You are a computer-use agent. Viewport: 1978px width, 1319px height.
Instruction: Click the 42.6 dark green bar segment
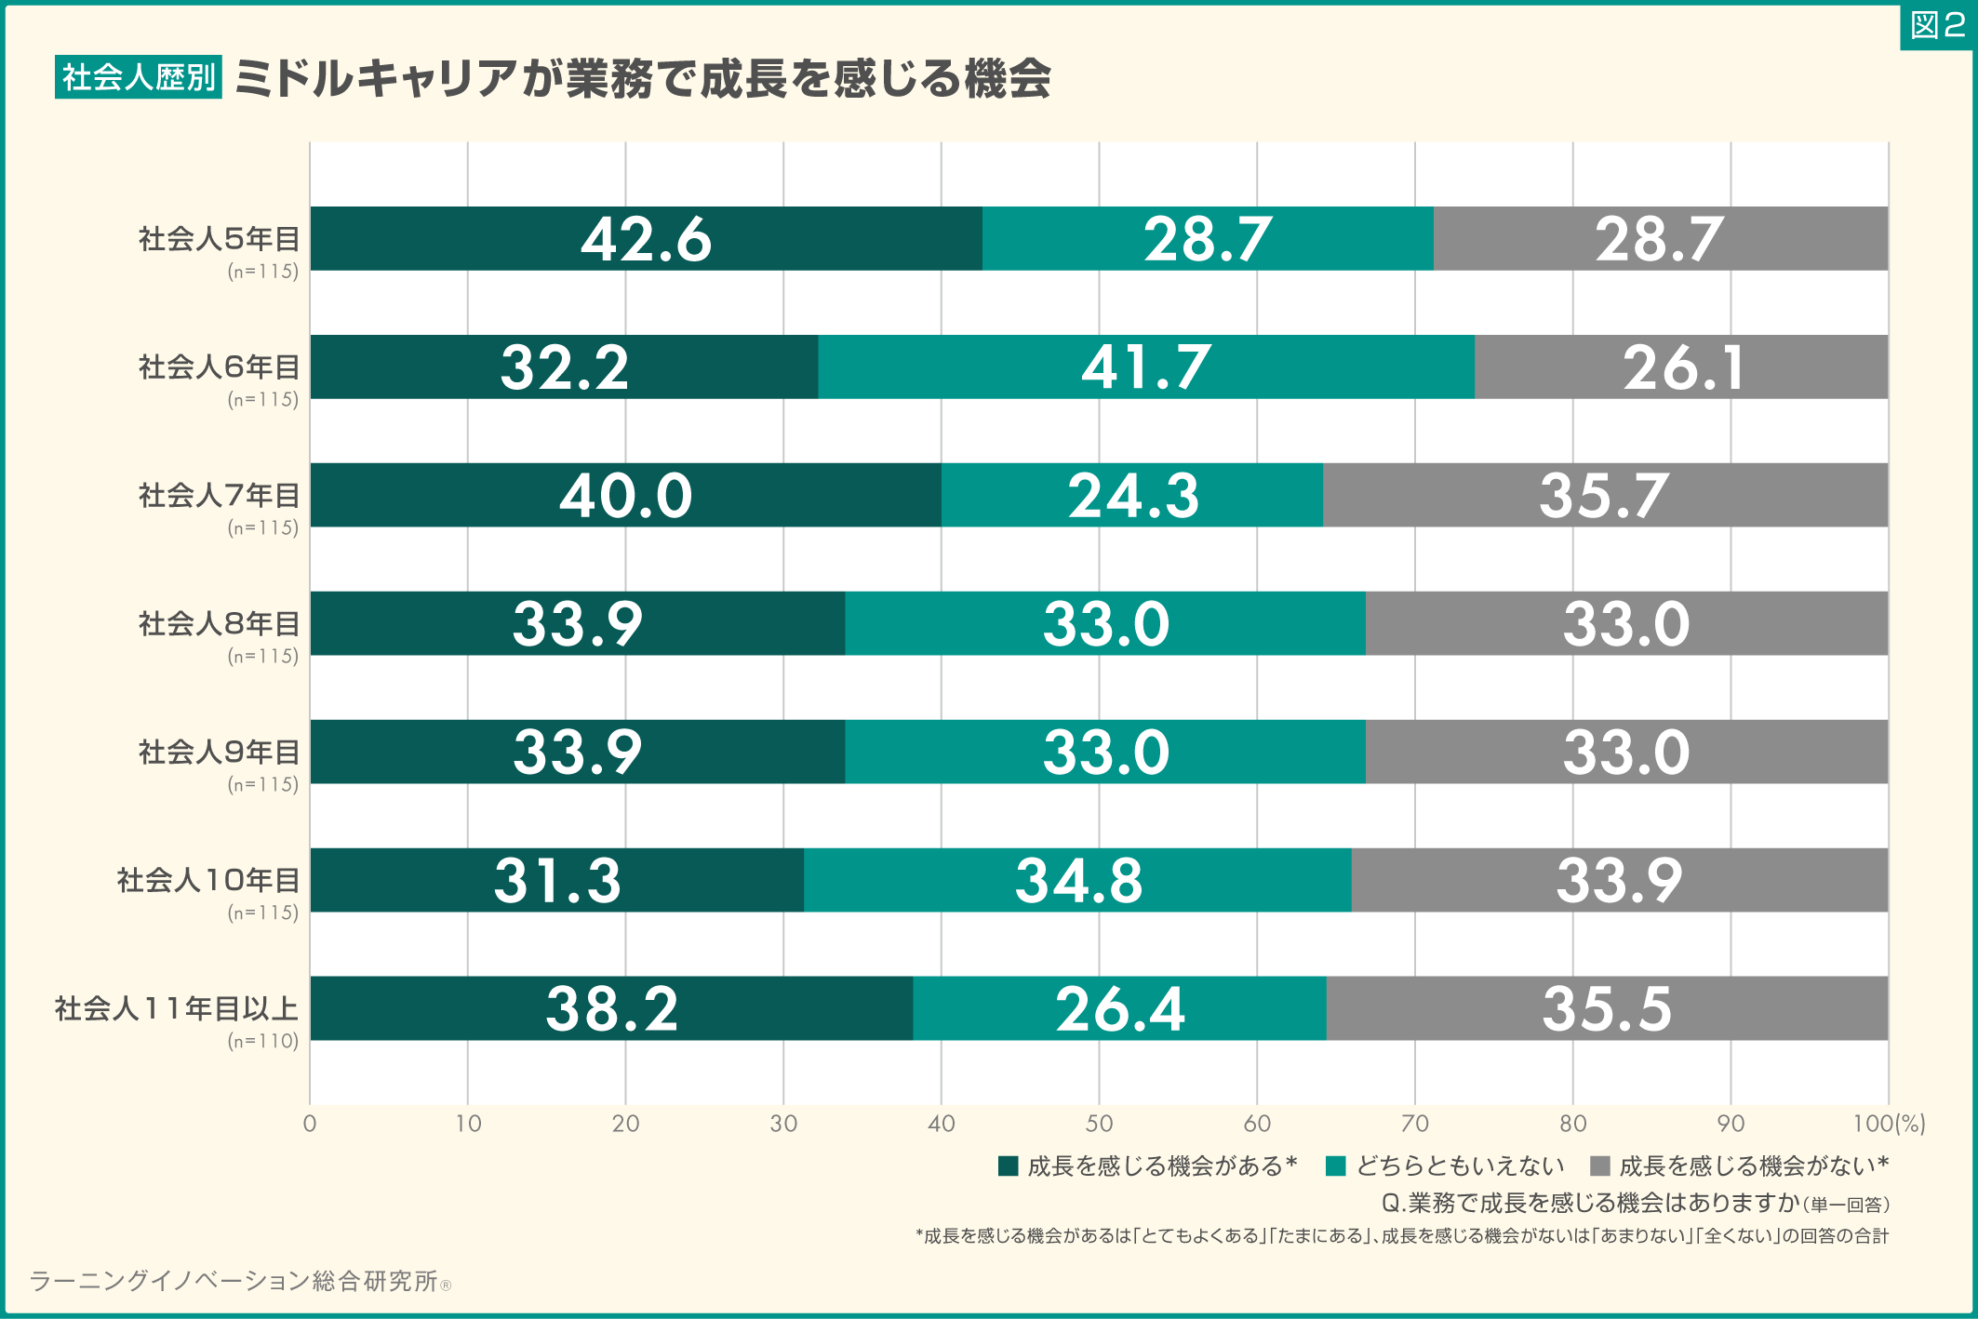[646, 239]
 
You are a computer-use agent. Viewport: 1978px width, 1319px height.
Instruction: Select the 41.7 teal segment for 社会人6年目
[1145, 367]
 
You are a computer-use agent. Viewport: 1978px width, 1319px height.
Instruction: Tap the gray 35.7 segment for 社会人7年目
[1604, 495]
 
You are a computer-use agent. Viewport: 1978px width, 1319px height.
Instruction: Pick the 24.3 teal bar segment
[1131, 495]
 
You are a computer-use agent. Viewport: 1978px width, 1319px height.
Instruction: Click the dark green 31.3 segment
[556, 880]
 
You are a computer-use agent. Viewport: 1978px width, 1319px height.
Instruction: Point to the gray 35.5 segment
[1607, 1008]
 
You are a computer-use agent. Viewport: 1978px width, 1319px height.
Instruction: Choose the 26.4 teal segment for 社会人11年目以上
[1119, 1008]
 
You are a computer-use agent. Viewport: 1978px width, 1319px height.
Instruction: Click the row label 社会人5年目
[219, 239]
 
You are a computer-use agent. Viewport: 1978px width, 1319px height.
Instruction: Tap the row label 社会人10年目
[207, 880]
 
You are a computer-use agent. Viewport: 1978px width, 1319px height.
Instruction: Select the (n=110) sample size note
[263, 1041]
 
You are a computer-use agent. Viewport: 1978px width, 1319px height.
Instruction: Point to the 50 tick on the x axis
[1099, 1124]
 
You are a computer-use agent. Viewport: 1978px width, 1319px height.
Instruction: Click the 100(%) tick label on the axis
[1888, 1124]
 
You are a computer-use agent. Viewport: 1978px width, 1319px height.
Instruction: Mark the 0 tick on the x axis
[310, 1124]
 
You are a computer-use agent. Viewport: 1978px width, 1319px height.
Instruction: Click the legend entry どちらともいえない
[1460, 1166]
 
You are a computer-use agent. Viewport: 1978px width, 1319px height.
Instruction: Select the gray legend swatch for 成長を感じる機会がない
[1600, 1166]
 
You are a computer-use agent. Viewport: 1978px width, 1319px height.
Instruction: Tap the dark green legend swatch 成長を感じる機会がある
[1008, 1166]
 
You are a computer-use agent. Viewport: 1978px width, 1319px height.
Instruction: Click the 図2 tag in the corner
[1937, 25]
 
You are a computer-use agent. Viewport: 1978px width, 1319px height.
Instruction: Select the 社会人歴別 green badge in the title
[139, 77]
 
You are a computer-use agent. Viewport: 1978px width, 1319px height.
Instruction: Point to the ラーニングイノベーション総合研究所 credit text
[233, 1282]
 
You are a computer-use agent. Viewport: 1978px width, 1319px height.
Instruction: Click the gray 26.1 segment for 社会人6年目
[1681, 367]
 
